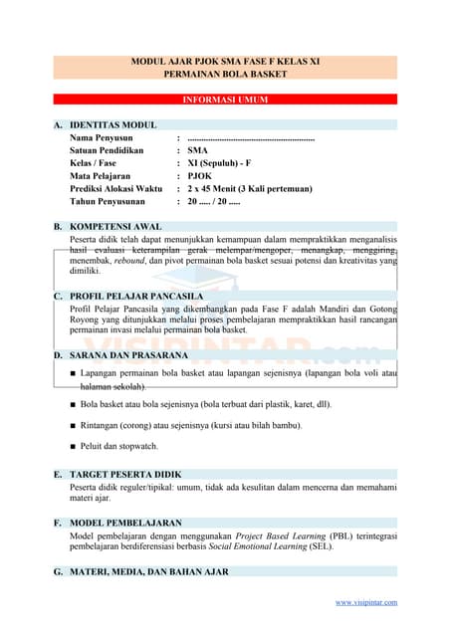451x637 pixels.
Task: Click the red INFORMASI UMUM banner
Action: [x=225, y=101]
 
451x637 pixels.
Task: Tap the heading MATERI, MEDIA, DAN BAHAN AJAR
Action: [x=149, y=572]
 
